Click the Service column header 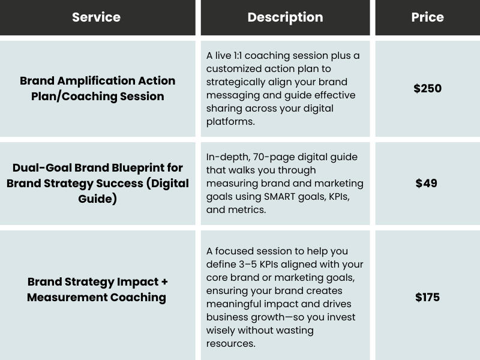click(x=96, y=17)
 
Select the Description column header click(x=286, y=17)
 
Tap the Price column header click(x=427, y=17)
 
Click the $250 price click(x=427, y=88)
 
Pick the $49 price click(x=426, y=183)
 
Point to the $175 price click(x=427, y=297)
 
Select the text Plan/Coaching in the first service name click(x=74, y=96)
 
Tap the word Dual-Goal click(x=42, y=168)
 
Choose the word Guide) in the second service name click(x=97, y=199)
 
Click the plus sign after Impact click(x=164, y=281)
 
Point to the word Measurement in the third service click(x=67, y=297)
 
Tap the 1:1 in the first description click(x=238, y=56)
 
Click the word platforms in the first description click(x=230, y=122)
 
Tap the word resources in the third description click(x=230, y=344)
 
